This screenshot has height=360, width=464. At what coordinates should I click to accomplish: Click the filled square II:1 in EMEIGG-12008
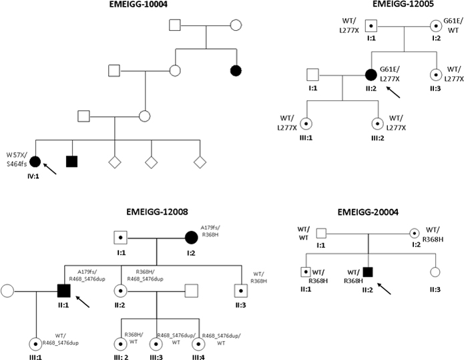(64, 291)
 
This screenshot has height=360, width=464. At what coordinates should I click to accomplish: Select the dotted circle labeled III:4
(197, 345)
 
